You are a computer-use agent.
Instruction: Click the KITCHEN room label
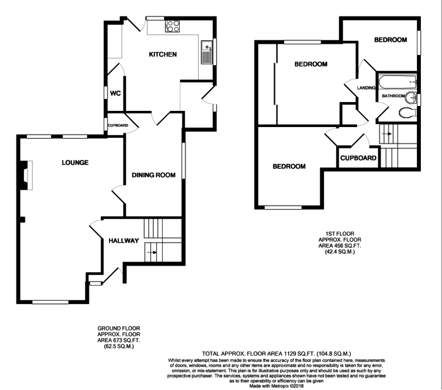click(x=163, y=54)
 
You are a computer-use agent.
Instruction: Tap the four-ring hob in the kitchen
click(x=172, y=26)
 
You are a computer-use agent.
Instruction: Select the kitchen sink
click(x=207, y=52)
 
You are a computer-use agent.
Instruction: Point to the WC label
click(x=115, y=93)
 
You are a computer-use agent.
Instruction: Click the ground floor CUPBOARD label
click(x=118, y=126)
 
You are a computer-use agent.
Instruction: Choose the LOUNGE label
click(x=75, y=162)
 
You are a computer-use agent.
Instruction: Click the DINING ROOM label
click(x=153, y=175)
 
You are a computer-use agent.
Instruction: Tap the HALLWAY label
click(x=124, y=241)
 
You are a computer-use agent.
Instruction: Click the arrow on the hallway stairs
click(x=154, y=252)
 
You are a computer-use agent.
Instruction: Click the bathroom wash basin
click(x=412, y=97)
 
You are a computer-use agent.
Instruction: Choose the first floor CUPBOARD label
click(x=359, y=158)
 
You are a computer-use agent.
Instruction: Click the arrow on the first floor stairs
click(x=387, y=133)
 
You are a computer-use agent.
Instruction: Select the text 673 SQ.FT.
click(x=130, y=340)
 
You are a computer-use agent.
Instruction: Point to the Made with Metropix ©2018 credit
click(x=276, y=386)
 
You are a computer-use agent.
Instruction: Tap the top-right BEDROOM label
click(x=390, y=40)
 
